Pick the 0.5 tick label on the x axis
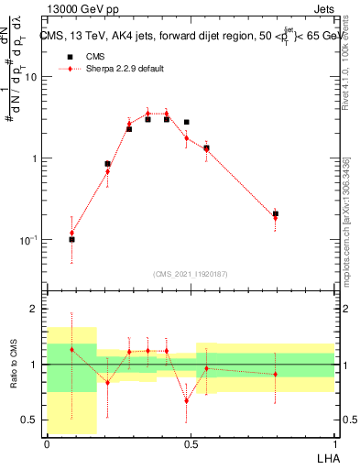pyautogui.click(x=190, y=443)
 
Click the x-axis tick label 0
pyautogui.click(x=47, y=443)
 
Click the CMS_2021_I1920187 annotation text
pyautogui.click(x=190, y=274)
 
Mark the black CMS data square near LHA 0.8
pyautogui.click(x=275, y=213)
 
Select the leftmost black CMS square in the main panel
pyautogui.click(x=72, y=239)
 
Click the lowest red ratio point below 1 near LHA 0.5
pyautogui.click(x=187, y=400)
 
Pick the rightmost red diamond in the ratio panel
pyautogui.click(x=275, y=374)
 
